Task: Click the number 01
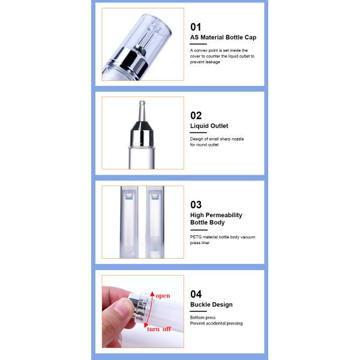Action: pyautogui.click(x=196, y=26)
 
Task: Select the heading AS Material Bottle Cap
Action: pyautogui.click(x=223, y=37)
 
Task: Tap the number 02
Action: pyautogui.click(x=196, y=115)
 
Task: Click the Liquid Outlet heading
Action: pyautogui.click(x=209, y=126)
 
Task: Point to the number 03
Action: pyautogui.click(x=196, y=205)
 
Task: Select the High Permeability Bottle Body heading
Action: pyautogui.click(x=216, y=218)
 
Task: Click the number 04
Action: pyautogui.click(x=196, y=294)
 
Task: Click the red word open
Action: pyautogui.click(x=163, y=296)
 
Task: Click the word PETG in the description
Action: pyautogui.click(x=196, y=237)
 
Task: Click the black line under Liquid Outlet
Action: pyautogui.click(x=199, y=133)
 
